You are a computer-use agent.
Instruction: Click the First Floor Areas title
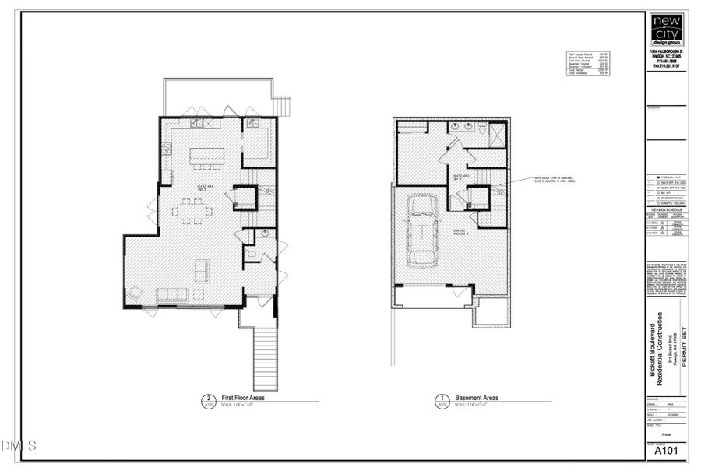coord(241,398)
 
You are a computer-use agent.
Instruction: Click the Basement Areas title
coord(477,398)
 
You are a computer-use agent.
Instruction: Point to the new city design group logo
coord(667,31)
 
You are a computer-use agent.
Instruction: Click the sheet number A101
coord(664,451)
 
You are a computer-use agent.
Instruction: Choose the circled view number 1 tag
coord(442,399)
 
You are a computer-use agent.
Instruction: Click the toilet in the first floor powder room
coord(249,255)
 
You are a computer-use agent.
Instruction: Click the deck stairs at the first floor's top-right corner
coord(284,105)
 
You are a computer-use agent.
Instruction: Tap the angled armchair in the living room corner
coord(136,292)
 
